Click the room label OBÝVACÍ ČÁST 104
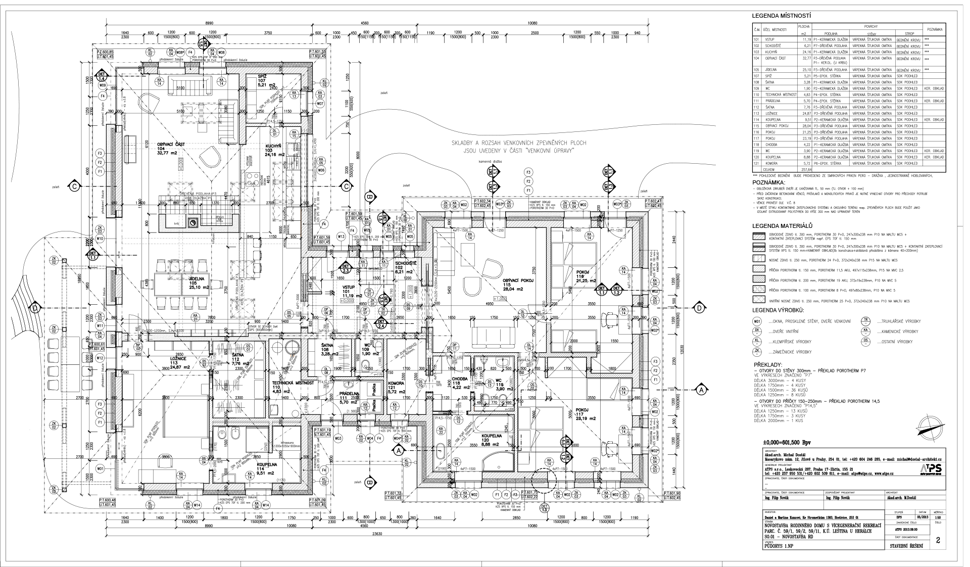[x=171, y=148]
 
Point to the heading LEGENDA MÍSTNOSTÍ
[x=782, y=16]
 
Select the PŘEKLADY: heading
[x=768, y=364]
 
